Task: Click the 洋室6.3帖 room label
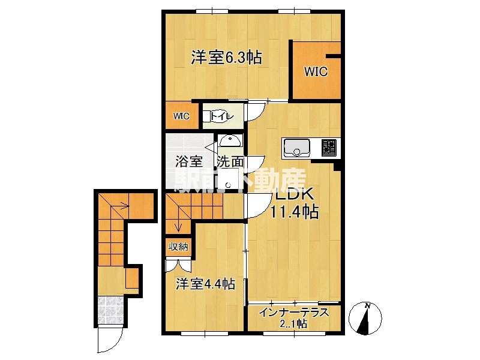click(x=226, y=58)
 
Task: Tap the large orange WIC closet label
click(x=315, y=72)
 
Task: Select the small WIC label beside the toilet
click(x=181, y=116)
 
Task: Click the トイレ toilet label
click(x=218, y=114)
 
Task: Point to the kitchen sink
click(x=296, y=148)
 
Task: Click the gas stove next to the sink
click(x=329, y=148)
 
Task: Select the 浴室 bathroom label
click(x=188, y=161)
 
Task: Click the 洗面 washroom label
click(x=230, y=161)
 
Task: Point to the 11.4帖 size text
click(x=293, y=212)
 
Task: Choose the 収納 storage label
click(x=177, y=246)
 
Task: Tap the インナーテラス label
click(x=293, y=313)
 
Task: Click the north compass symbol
click(x=366, y=317)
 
